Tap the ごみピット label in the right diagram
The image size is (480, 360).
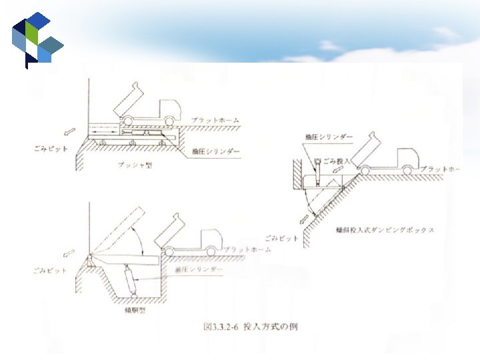[279, 237]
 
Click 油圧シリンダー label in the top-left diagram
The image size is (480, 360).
[215, 152]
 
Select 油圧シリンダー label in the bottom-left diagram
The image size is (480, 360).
[199, 269]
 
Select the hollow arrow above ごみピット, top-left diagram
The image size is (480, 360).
[70, 128]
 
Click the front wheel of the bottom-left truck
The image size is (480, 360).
[210, 251]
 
